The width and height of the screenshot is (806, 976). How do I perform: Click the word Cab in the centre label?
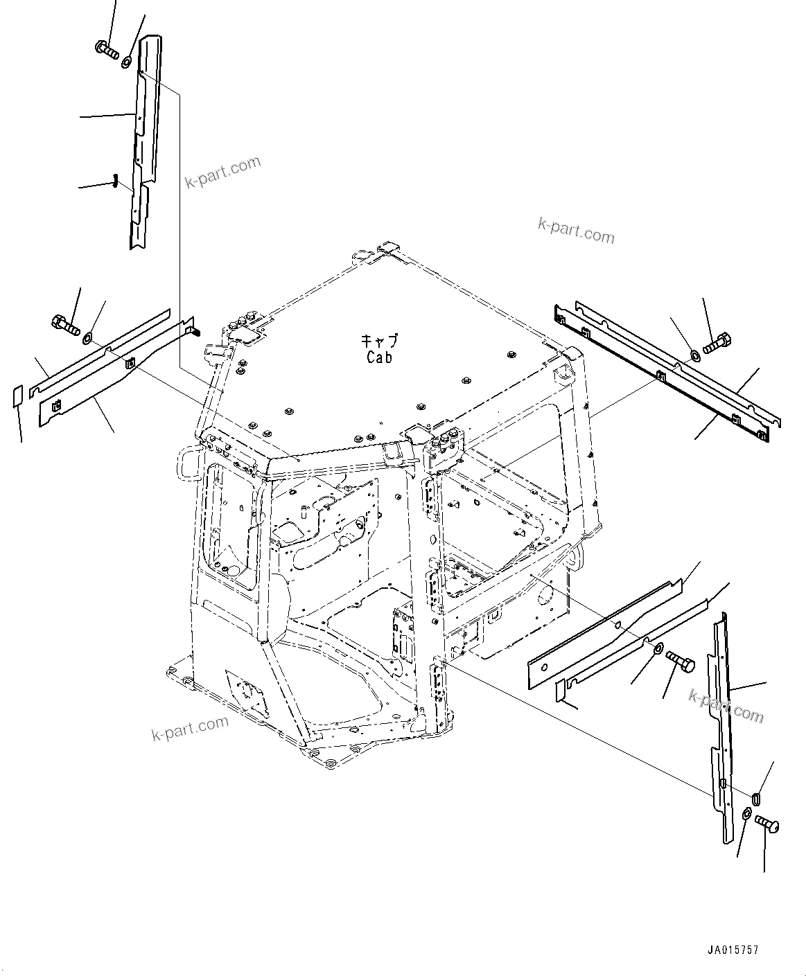click(x=379, y=357)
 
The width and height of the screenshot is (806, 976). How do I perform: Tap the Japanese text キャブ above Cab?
click(x=379, y=341)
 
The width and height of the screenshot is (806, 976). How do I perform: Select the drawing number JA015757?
click(x=733, y=950)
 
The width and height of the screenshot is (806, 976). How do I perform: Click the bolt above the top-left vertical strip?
click(x=106, y=49)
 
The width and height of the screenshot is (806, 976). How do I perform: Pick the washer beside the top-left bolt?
click(x=128, y=63)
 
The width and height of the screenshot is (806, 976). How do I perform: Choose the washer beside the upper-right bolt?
click(x=695, y=355)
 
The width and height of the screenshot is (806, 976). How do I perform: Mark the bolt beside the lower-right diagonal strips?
click(x=680, y=662)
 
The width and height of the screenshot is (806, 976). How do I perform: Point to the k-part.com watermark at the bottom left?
click(x=190, y=727)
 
